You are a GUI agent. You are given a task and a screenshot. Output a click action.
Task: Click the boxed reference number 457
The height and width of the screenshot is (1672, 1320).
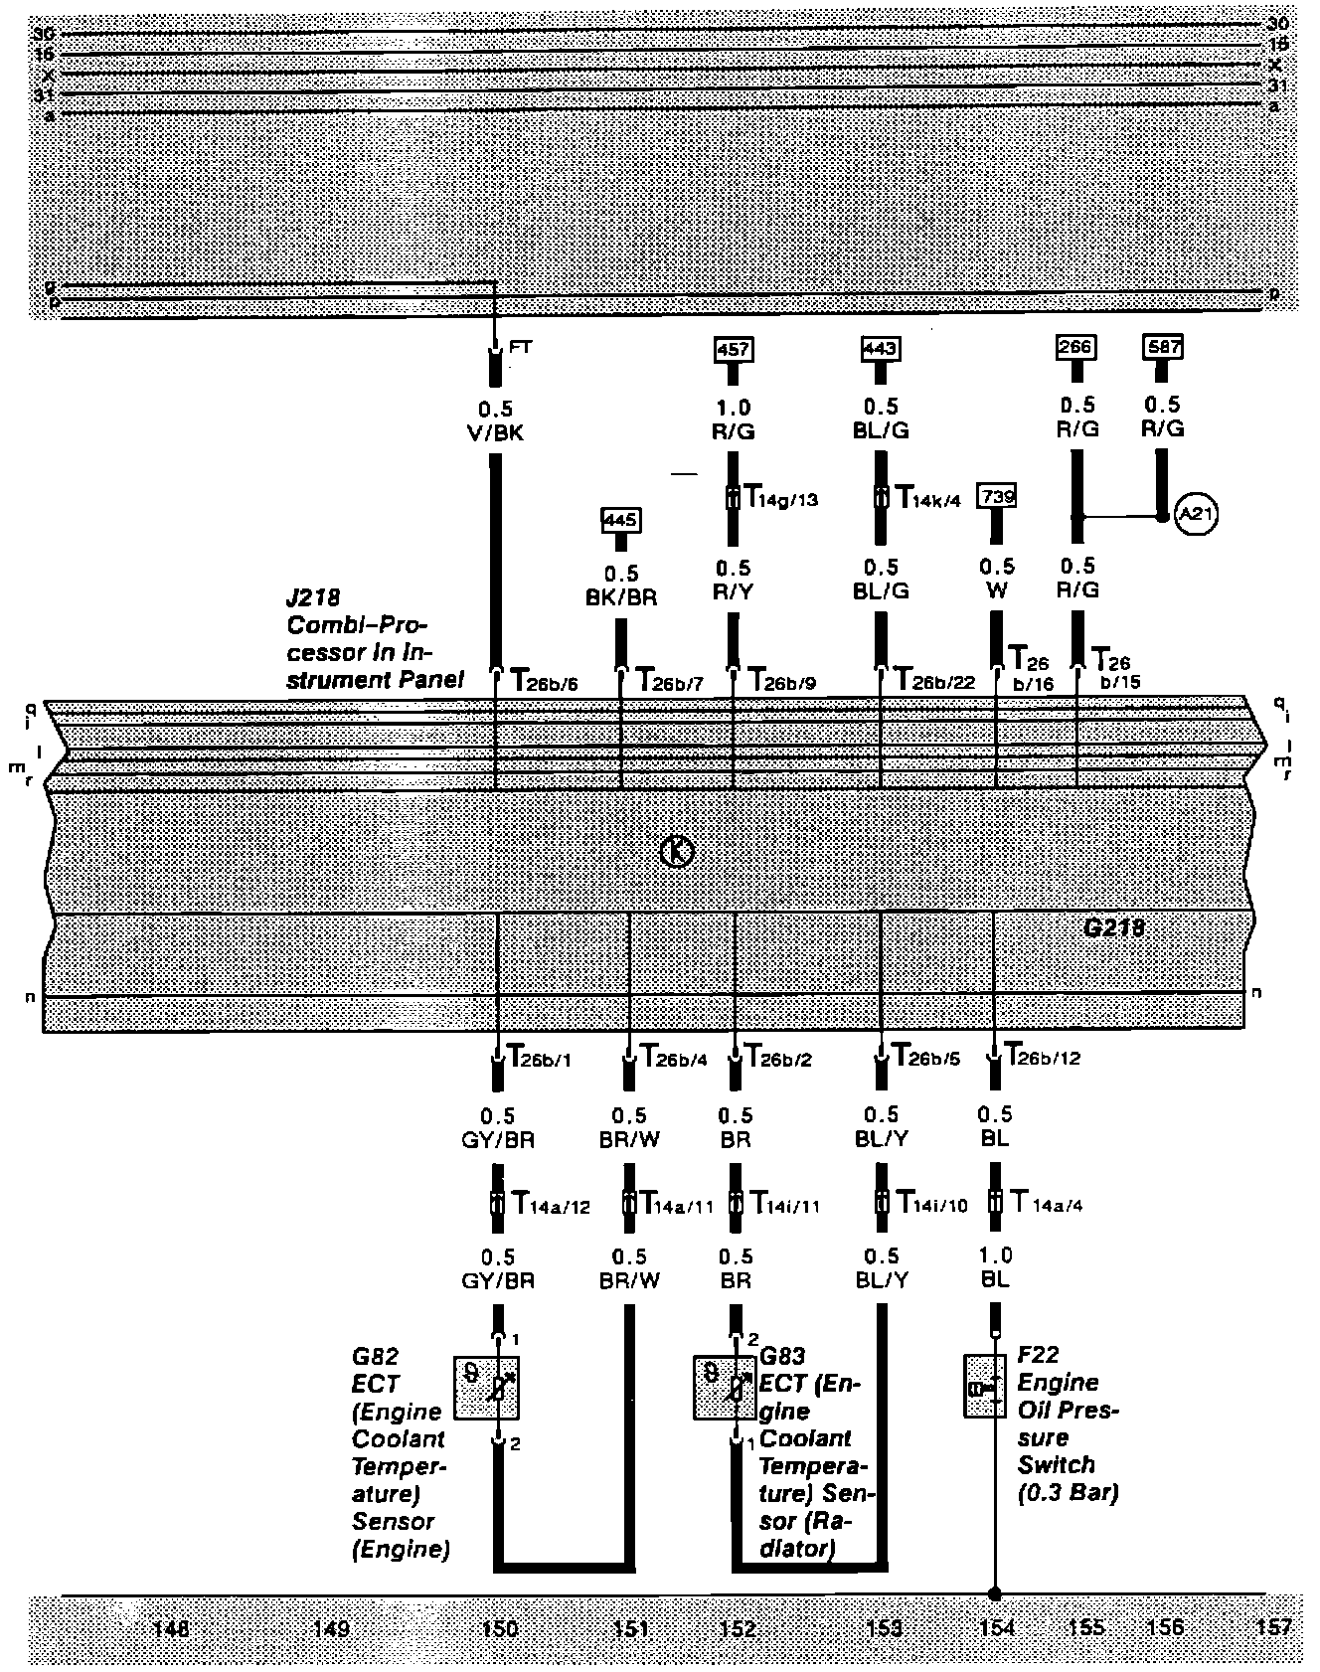pyautogui.click(x=734, y=349)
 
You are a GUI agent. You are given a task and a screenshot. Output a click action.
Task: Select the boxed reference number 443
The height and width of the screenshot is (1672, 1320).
pyautogui.click(x=880, y=348)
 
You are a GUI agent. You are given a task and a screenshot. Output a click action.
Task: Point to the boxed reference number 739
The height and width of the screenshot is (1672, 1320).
pyautogui.click(x=997, y=494)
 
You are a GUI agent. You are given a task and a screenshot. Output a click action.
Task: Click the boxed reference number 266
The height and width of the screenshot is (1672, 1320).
pyautogui.click(x=1075, y=347)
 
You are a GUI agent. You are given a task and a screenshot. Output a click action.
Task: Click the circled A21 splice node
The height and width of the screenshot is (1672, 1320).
pyautogui.click(x=1196, y=515)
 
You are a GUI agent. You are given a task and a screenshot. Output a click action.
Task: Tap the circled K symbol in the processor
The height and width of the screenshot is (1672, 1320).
pyautogui.click(x=678, y=851)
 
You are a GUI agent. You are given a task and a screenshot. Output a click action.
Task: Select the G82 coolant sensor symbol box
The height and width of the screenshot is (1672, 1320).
pyautogui.click(x=486, y=1387)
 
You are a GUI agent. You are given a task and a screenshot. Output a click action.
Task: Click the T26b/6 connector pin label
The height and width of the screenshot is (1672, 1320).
pyautogui.click(x=545, y=681)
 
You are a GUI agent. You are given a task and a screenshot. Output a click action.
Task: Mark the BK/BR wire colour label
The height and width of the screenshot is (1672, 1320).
pyautogui.click(x=622, y=598)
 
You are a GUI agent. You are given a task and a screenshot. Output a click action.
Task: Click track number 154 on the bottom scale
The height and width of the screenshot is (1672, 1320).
pyautogui.click(x=996, y=1627)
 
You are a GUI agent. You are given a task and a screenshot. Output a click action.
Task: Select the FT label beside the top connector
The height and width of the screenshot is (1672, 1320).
pyautogui.click(x=521, y=347)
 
